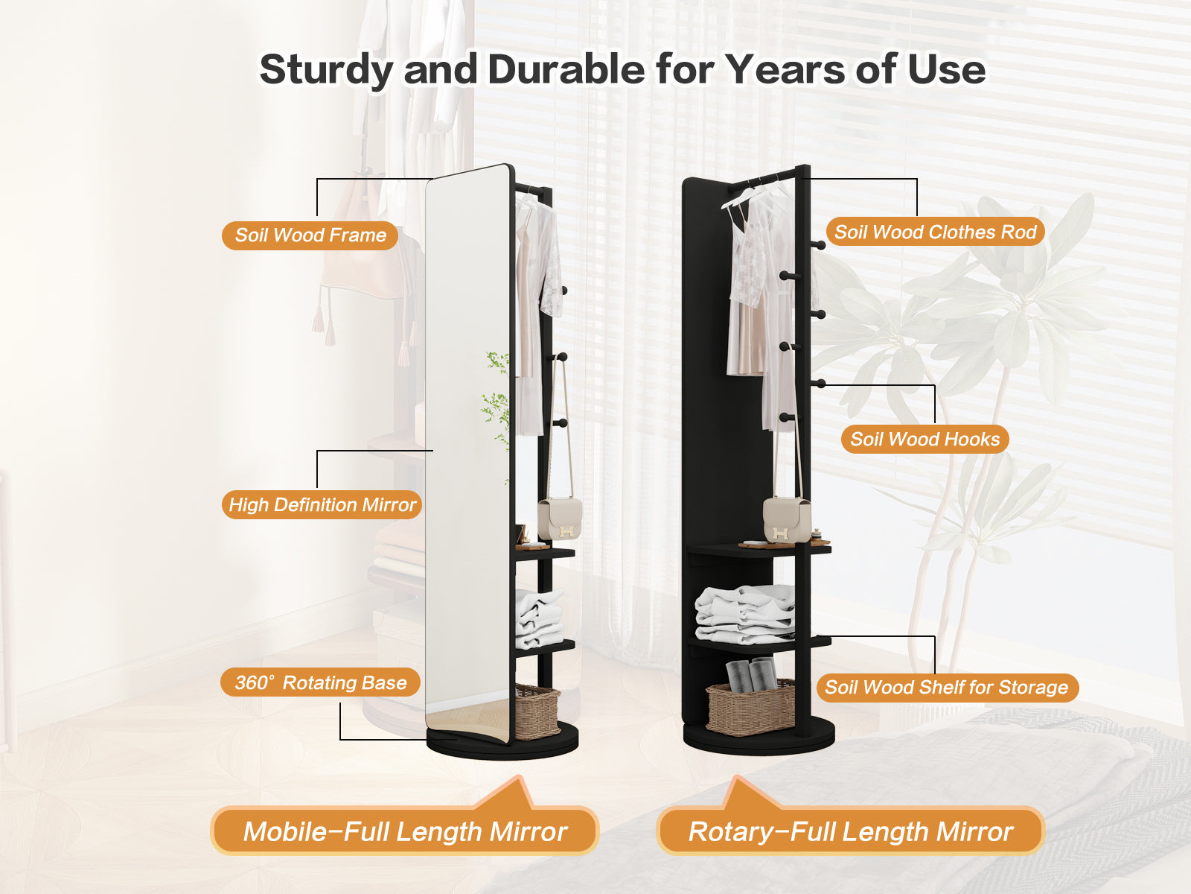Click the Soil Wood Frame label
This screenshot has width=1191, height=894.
point(310,235)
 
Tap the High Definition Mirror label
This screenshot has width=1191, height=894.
point(322,505)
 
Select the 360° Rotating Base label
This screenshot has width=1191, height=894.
point(320,682)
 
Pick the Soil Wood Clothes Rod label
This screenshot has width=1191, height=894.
point(935,232)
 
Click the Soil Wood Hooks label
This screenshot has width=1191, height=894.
point(925,439)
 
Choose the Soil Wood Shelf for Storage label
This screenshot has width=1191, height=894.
point(947,687)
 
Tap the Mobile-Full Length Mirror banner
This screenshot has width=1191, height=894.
point(405,831)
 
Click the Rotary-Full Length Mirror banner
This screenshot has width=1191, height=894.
point(850,831)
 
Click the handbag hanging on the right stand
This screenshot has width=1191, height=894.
point(787,520)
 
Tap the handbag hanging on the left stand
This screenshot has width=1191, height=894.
point(560,519)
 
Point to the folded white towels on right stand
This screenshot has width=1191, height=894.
point(744,613)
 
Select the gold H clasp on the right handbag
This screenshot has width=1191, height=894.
point(779,533)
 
